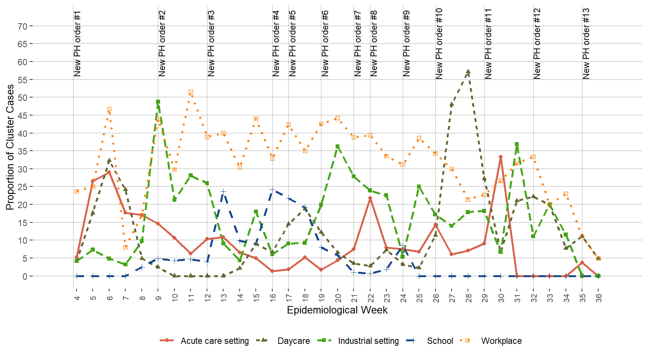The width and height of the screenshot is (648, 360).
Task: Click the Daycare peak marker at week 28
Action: [x=468, y=71]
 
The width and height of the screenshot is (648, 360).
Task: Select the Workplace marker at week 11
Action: [x=191, y=92]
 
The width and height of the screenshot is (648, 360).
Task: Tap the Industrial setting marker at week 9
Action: [x=158, y=102]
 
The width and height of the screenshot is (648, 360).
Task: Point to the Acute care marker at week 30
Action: [x=501, y=157]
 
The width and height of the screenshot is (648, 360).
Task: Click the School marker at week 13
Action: [x=223, y=191]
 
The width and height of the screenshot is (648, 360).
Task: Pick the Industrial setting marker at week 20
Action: [x=337, y=147]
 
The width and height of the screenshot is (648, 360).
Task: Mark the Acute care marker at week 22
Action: [x=370, y=198]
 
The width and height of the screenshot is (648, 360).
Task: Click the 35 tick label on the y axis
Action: [x=22, y=151]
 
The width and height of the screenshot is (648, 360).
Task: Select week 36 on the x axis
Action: [x=598, y=298]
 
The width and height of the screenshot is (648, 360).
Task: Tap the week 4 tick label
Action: [x=77, y=298]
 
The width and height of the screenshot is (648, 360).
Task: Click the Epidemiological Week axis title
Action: [x=337, y=310]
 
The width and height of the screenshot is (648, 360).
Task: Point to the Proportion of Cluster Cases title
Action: [x=10, y=147]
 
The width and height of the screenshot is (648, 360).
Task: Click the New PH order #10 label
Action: [x=439, y=43]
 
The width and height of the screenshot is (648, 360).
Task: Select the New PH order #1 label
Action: [x=77, y=43]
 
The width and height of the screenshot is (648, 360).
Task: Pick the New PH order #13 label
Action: [x=586, y=43]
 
